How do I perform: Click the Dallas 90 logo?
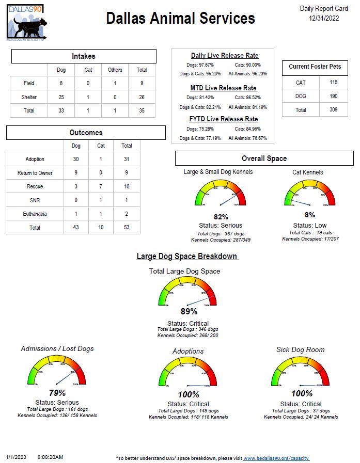(x=26, y=22)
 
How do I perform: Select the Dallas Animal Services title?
(x=180, y=19)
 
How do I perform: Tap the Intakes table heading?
(x=84, y=56)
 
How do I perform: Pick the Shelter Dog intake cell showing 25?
(x=61, y=97)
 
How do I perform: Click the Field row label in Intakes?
(x=29, y=83)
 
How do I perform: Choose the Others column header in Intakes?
(x=115, y=70)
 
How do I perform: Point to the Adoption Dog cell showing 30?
(x=76, y=159)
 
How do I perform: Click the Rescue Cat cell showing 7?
(x=101, y=186)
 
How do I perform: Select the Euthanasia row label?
(x=35, y=214)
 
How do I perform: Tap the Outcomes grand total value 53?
(x=127, y=227)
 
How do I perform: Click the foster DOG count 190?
(x=333, y=96)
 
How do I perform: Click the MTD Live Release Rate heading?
(x=223, y=88)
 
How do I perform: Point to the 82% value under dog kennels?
(x=221, y=217)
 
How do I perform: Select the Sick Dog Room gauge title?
(x=301, y=349)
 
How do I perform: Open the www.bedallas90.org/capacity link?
(x=276, y=458)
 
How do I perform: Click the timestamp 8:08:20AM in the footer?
(x=50, y=457)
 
